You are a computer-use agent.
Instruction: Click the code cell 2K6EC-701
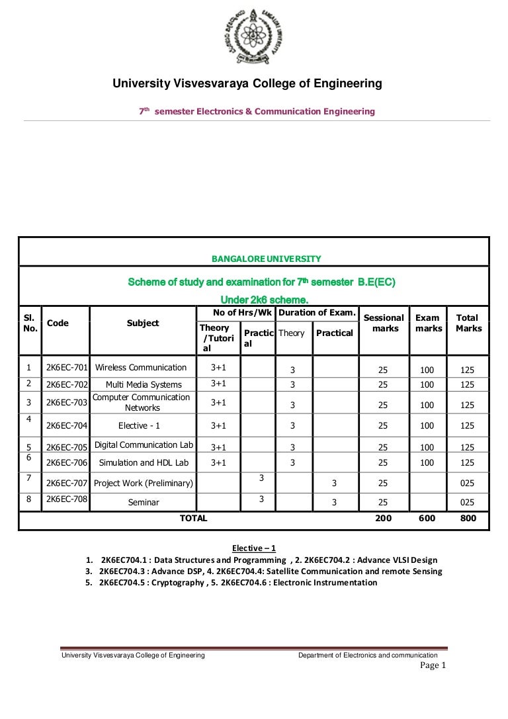(66, 367)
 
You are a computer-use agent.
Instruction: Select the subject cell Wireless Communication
(141, 367)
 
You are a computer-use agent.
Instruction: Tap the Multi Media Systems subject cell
(143, 384)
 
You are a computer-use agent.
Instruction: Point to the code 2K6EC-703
(66, 402)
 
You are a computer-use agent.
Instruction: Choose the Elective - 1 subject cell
(143, 426)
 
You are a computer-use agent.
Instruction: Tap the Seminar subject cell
(143, 503)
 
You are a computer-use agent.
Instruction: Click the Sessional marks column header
(384, 323)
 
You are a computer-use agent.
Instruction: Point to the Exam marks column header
(428, 323)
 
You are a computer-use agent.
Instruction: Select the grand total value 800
(468, 519)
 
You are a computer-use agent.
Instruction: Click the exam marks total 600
(427, 519)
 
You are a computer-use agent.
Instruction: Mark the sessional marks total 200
(383, 519)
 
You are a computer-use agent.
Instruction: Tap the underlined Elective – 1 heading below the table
(254, 548)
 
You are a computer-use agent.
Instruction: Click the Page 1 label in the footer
(434, 665)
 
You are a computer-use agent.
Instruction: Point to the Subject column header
(143, 323)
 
